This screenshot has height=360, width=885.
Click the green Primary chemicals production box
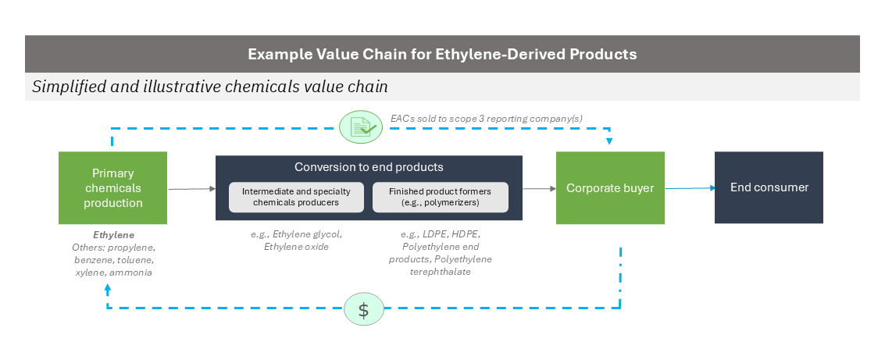tap(113, 188)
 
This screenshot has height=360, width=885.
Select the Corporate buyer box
tap(610, 188)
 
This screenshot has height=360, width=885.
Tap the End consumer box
tap(769, 187)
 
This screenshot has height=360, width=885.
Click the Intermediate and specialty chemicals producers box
tap(296, 197)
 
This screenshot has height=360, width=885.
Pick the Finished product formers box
tap(441, 197)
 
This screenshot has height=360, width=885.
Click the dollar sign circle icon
tap(364, 309)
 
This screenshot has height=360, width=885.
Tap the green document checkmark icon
tap(361, 127)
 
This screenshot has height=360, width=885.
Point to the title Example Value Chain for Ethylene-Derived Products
tap(442, 54)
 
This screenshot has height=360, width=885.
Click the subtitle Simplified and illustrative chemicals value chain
tap(210, 87)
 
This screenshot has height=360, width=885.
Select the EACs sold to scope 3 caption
tap(487, 119)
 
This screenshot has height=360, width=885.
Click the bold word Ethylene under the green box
tap(114, 235)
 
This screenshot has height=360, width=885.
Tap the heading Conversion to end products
tap(369, 167)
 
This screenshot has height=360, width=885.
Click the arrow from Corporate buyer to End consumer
tap(690, 188)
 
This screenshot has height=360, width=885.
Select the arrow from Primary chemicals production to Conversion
tap(192, 189)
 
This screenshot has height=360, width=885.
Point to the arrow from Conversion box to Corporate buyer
tap(540, 189)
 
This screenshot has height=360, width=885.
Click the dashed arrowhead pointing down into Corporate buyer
tap(609, 141)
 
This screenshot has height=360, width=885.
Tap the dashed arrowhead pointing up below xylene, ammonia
tap(108, 287)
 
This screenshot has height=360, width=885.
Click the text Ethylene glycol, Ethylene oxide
tap(296, 241)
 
